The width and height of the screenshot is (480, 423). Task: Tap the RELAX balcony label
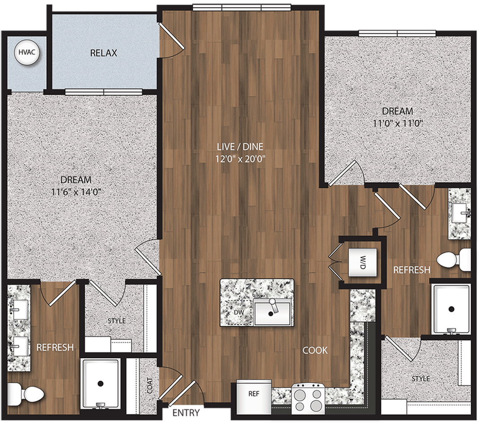[x=103, y=53]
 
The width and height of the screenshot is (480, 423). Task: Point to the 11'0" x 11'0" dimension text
[x=397, y=123]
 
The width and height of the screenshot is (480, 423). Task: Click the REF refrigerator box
[x=254, y=394]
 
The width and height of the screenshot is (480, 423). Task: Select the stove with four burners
[x=309, y=399]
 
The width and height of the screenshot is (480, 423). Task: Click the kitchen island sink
[x=272, y=312]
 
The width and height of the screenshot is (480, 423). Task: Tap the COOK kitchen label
[x=315, y=350]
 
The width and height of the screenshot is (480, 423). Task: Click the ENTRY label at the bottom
[x=186, y=412]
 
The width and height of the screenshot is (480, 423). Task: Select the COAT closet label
[x=149, y=386]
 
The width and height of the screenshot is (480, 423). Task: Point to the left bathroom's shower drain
[x=101, y=383]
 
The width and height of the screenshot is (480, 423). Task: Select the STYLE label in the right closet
[x=421, y=379]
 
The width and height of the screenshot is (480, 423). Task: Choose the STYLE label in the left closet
[x=116, y=321]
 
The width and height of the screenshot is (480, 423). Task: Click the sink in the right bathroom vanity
[x=459, y=214]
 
